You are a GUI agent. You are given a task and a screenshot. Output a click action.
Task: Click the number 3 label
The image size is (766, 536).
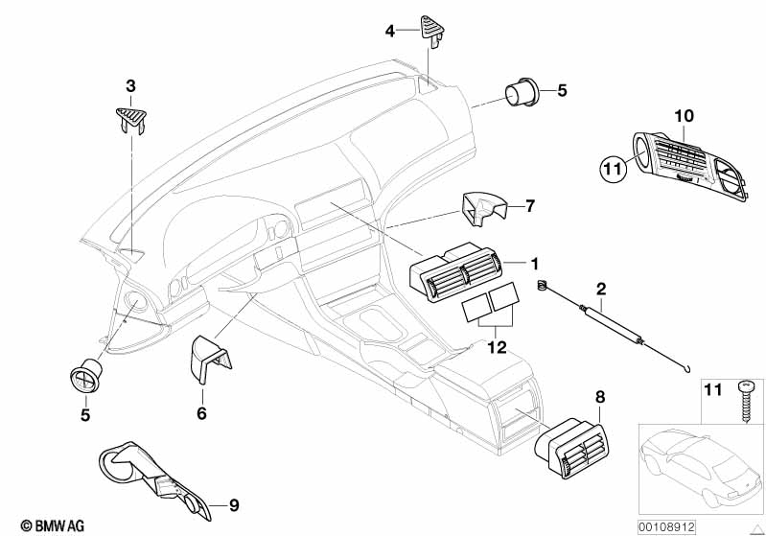130,86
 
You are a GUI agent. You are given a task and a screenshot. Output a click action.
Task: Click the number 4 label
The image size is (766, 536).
389,32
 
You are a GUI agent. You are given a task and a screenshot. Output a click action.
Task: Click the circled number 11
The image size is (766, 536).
613,169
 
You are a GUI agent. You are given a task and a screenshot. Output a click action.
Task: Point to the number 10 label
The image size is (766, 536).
684,116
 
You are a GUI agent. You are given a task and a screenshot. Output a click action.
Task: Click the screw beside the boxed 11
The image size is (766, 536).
746,401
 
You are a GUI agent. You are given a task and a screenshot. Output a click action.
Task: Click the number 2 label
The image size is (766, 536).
601,289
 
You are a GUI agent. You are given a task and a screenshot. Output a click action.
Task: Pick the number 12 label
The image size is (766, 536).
497,347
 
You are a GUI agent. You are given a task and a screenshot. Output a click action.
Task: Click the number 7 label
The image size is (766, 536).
530,206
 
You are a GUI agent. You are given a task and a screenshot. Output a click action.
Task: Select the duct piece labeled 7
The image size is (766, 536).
482,209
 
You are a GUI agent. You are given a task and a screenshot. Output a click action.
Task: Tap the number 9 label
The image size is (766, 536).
234,505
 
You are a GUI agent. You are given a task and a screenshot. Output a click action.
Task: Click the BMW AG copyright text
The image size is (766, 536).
53,525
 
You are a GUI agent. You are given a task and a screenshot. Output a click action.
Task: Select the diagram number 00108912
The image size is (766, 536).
666,527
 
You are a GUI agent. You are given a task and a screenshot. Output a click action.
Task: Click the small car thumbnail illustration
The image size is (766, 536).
701,469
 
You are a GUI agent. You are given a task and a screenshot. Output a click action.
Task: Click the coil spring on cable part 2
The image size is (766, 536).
542,285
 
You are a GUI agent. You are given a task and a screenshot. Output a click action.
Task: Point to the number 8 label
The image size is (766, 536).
600,397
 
